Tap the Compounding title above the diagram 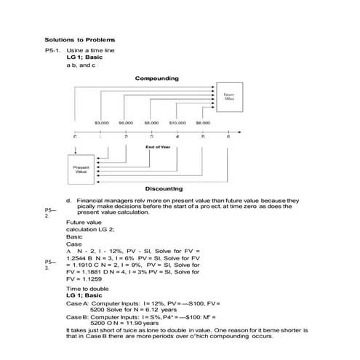(156, 78)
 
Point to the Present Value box (81, 170)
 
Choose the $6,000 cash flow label (126, 124)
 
